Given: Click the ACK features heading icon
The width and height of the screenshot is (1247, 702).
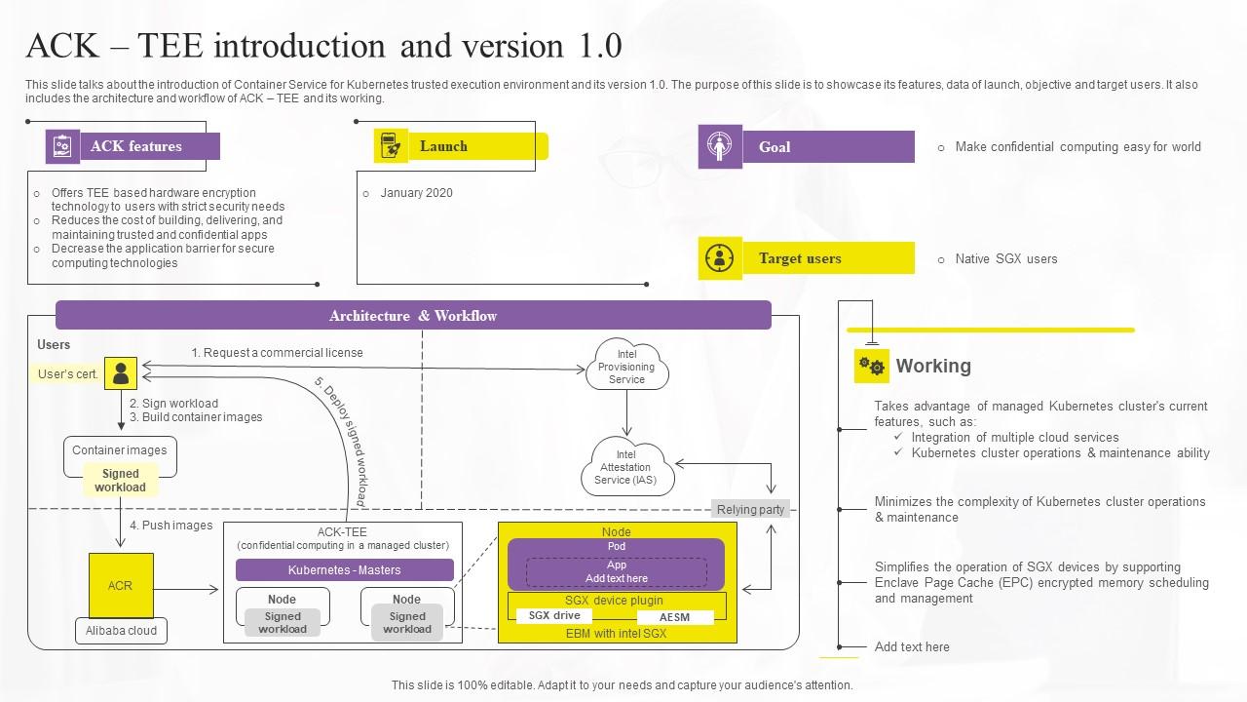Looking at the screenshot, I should point(62,146).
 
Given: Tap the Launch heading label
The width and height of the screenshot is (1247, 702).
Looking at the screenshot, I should point(443,146).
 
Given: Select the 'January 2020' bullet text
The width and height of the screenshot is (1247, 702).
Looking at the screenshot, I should point(416,193).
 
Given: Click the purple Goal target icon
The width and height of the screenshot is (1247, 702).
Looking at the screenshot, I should point(720,147).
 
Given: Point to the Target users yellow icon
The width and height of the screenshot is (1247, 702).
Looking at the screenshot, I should point(720,258).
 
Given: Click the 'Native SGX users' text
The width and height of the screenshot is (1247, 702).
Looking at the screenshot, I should point(1005,259).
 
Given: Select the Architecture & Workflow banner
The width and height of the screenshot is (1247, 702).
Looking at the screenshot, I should point(413,316).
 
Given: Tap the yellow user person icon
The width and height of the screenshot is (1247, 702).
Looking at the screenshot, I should point(121,373).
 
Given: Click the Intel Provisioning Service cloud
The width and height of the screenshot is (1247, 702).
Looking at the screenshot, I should point(626,367).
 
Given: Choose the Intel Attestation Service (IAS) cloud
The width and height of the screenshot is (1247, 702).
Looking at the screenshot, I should point(625,467).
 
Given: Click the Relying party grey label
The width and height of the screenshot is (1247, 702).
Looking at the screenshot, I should point(750,510).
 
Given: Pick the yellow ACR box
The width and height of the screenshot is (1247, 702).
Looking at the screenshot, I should point(121,585).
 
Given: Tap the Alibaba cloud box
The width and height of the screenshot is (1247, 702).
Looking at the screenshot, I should point(121,631).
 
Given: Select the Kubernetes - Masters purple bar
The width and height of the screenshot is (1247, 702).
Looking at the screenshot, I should point(345,570).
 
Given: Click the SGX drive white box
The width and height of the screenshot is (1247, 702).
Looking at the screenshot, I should point(554,616).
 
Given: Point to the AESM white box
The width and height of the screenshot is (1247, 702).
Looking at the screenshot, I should point(674,617).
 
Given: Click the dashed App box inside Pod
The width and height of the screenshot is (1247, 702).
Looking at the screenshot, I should point(617,571).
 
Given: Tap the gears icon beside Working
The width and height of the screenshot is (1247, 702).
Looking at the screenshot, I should point(872,367).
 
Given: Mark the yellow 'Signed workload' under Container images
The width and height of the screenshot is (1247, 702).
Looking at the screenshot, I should point(120,481).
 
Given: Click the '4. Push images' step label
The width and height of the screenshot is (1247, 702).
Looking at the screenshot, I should point(170,526).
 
